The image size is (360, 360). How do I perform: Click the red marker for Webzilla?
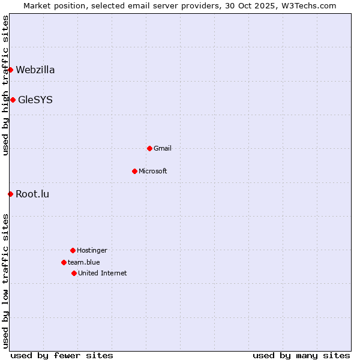[10, 70]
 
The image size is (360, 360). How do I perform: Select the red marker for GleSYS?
[13, 100]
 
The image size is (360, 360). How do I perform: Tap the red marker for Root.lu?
[10, 194]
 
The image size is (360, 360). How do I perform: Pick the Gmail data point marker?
[149, 148]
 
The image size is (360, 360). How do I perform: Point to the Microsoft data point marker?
[134, 171]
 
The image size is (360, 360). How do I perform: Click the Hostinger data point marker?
[73, 250]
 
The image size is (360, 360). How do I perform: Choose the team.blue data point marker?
[64, 262]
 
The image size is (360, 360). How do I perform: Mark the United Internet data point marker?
[74, 273]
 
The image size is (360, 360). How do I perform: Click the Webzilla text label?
[35, 70]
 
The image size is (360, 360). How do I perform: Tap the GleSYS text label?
[35, 100]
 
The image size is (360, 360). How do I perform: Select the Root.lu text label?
[32, 194]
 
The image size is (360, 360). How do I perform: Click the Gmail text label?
[163, 148]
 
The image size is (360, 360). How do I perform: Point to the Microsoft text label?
[153, 171]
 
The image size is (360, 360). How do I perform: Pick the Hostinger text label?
[92, 250]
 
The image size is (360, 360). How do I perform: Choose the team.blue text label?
[84, 262]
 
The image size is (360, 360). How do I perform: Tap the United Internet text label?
[103, 273]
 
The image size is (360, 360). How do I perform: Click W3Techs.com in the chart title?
[307, 5]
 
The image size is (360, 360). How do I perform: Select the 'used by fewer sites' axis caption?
[62, 355]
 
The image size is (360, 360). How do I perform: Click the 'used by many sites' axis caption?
[301, 355]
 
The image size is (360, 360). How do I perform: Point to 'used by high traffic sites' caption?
[5, 85]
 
